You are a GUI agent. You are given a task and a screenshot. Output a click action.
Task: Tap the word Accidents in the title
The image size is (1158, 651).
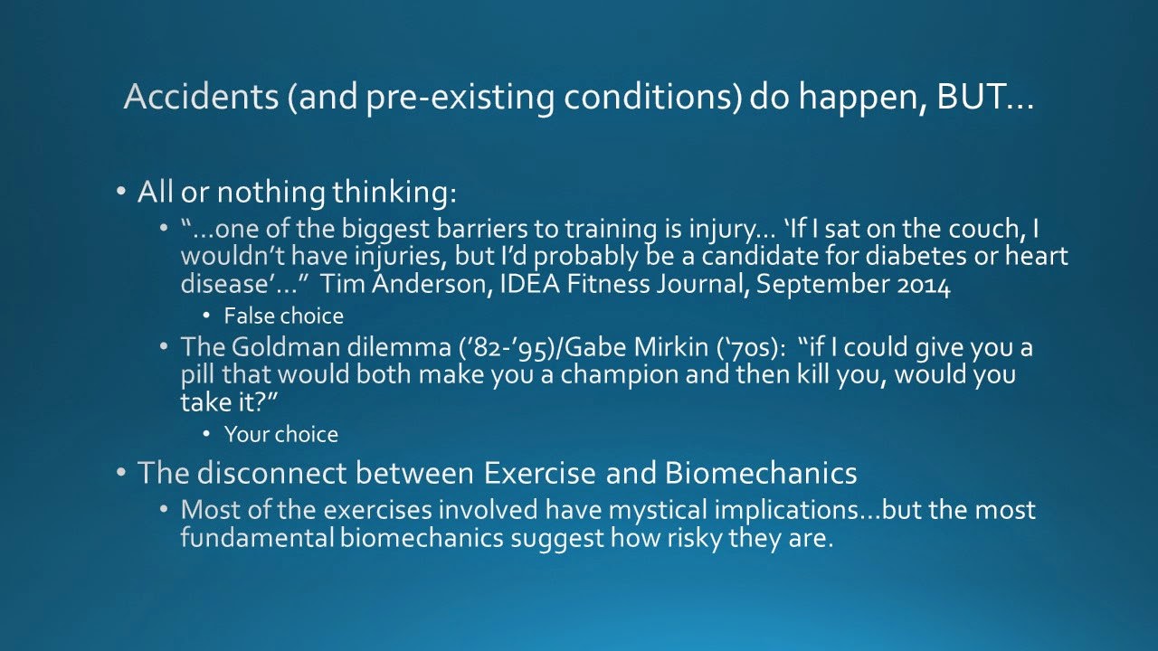click(x=202, y=96)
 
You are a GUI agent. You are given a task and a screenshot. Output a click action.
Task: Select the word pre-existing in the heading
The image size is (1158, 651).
click(x=460, y=99)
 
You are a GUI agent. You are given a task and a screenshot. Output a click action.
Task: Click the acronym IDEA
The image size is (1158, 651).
click(x=530, y=284)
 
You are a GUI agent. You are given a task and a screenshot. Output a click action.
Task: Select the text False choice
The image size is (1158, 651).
click(x=283, y=316)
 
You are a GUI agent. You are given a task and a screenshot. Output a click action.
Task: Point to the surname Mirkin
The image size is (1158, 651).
click(x=671, y=346)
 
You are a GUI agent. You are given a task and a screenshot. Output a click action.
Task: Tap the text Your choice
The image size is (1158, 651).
click(x=281, y=434)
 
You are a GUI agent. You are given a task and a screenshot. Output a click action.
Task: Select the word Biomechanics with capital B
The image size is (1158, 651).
click(x=761, y=473)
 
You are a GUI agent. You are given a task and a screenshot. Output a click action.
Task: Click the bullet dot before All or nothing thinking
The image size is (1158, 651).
click(x=121, y=192)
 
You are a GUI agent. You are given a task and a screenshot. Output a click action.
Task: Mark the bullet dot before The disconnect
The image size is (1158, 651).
click(x=121, y=472)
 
